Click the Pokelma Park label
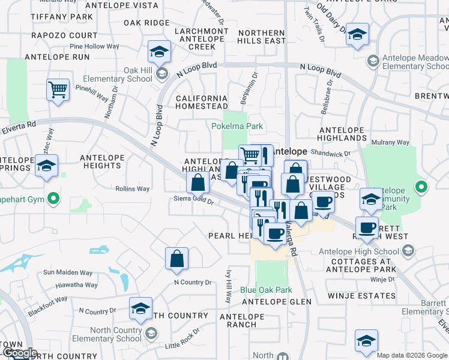coord(238,127)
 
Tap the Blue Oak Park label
coord(266,290)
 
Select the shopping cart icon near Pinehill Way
coord(58,91)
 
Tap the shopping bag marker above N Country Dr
coord(177,259)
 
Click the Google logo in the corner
coord(19,353)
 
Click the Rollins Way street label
coord(132,189)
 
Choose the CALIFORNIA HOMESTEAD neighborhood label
coord(201,102)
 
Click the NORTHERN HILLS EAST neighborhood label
coord(261,37)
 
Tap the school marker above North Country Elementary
coord(141,309)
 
